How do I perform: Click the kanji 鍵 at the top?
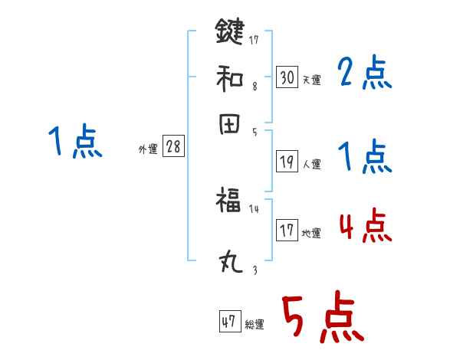230,33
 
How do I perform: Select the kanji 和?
230,77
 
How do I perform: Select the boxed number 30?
287,77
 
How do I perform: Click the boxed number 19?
287,162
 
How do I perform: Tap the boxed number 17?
287,231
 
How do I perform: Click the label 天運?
312,80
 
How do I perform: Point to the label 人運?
312,164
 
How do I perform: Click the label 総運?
255,325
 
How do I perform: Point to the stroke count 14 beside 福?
255,208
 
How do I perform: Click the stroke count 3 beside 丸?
255,269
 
